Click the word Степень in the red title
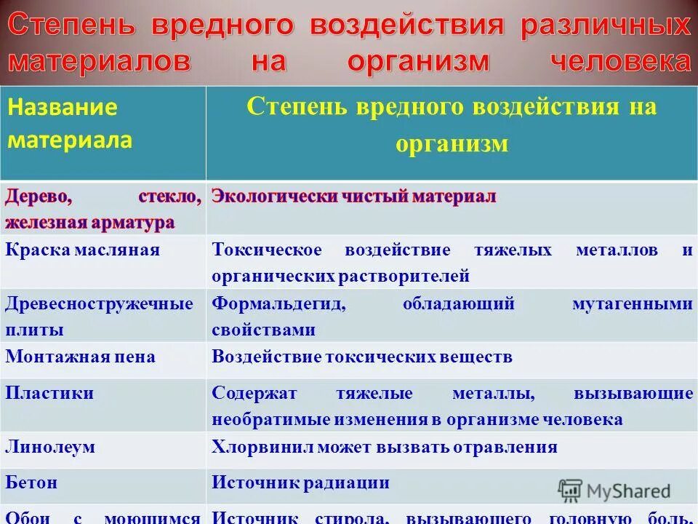[73, 27]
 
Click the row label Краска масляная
[82, 250]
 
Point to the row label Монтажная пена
[80, 357]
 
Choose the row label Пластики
[49, 393]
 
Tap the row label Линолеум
[50, 446]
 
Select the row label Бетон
[31, 482]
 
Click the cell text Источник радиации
[300, 482]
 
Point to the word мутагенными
[633, 303]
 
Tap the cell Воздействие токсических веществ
[362, 357]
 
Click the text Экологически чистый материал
[353, 196]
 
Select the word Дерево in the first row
[39, 196]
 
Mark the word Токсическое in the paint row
[267, 250]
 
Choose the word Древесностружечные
[99, 303]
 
